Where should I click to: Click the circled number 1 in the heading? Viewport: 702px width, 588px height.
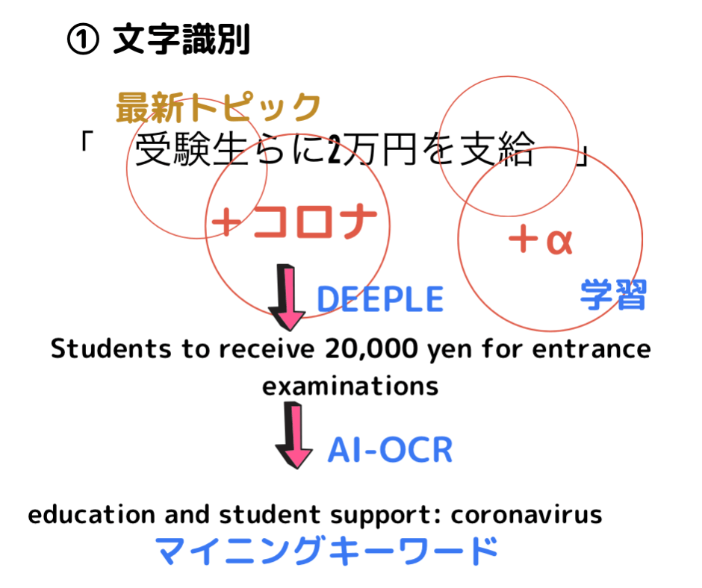[83, 40]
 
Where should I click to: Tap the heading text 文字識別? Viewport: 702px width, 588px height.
[181, 40]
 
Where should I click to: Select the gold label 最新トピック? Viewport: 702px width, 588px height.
[219, 107]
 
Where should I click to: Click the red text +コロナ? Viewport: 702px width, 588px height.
[294, 221]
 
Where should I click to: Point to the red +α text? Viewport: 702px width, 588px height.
[541, 240]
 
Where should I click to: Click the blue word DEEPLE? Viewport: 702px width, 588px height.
[380, 299]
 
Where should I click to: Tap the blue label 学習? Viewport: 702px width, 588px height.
[613, 294]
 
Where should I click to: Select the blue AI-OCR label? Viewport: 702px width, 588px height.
[390, 450]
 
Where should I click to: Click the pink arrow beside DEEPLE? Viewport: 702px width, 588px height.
[287, 298]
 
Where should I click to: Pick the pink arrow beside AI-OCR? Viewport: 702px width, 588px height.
[293, 435]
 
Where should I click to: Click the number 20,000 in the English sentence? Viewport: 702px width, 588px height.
[371, 349]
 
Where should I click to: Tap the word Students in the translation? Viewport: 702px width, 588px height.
[111, 348]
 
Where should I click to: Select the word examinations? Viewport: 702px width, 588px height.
[350, 387]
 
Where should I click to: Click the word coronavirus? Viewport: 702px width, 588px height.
[526, 515]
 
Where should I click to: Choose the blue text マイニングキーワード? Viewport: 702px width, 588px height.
[326, 550]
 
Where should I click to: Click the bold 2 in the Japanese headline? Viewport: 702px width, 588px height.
[335, 149]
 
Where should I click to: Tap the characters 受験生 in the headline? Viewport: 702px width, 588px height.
[191, 150]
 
